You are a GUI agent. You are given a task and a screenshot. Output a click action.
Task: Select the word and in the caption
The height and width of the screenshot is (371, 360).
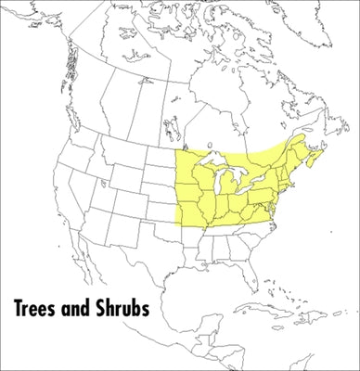tap(81, 307)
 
